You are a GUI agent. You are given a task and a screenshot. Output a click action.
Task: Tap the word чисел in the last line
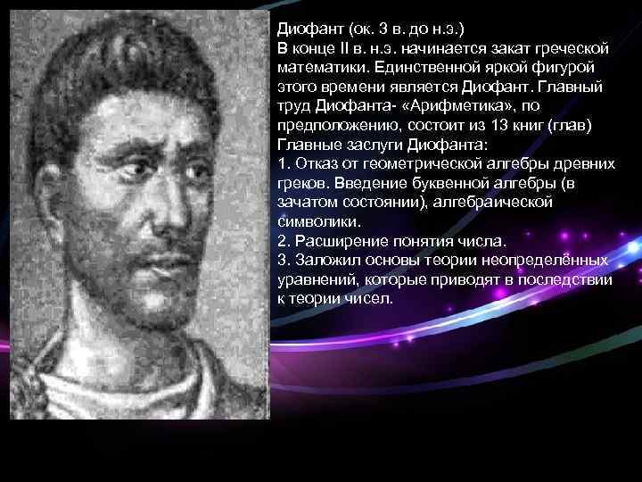pos(371,298)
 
